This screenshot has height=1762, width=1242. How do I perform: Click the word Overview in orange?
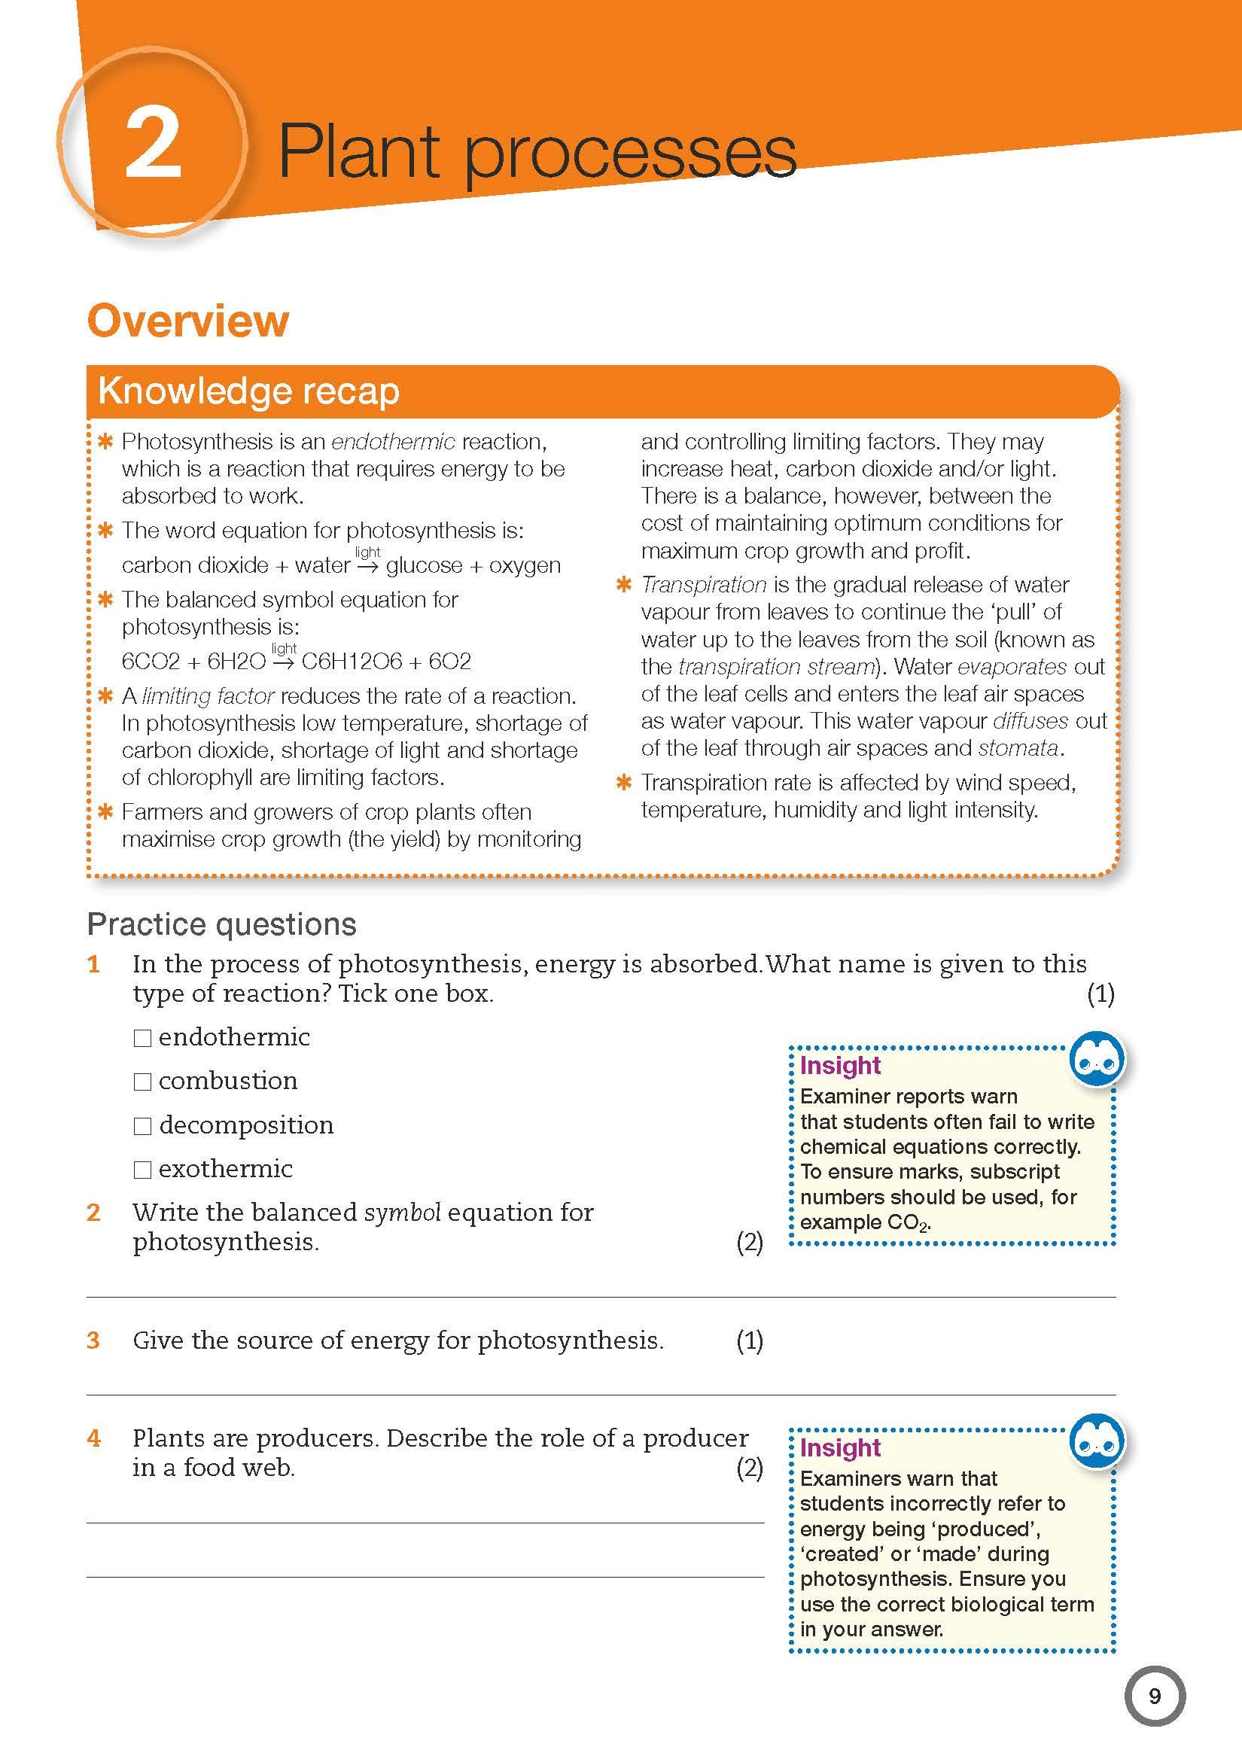click(188, 321)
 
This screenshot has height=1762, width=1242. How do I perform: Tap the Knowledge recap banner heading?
click(248, 391)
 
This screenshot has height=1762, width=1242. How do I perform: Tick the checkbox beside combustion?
click(142, 1082)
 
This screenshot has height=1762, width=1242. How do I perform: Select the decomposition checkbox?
click(142, 1126)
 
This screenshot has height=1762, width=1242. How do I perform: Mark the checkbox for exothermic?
click(142, 1170)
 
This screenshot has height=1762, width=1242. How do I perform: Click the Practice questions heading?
click(222, 925)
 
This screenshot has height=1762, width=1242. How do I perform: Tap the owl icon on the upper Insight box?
click(1097, 1060)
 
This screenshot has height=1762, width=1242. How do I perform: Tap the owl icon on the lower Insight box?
click(1097, 1442)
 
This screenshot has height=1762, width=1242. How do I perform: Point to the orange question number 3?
click(93, 1341)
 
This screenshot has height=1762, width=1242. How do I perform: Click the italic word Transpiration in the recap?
click(704, 585)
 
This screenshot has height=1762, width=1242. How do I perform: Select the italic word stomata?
click(1018, 747)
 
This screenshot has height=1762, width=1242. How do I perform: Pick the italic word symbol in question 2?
click(402, 1213)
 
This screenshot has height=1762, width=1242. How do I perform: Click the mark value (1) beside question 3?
click(749, 1341)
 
